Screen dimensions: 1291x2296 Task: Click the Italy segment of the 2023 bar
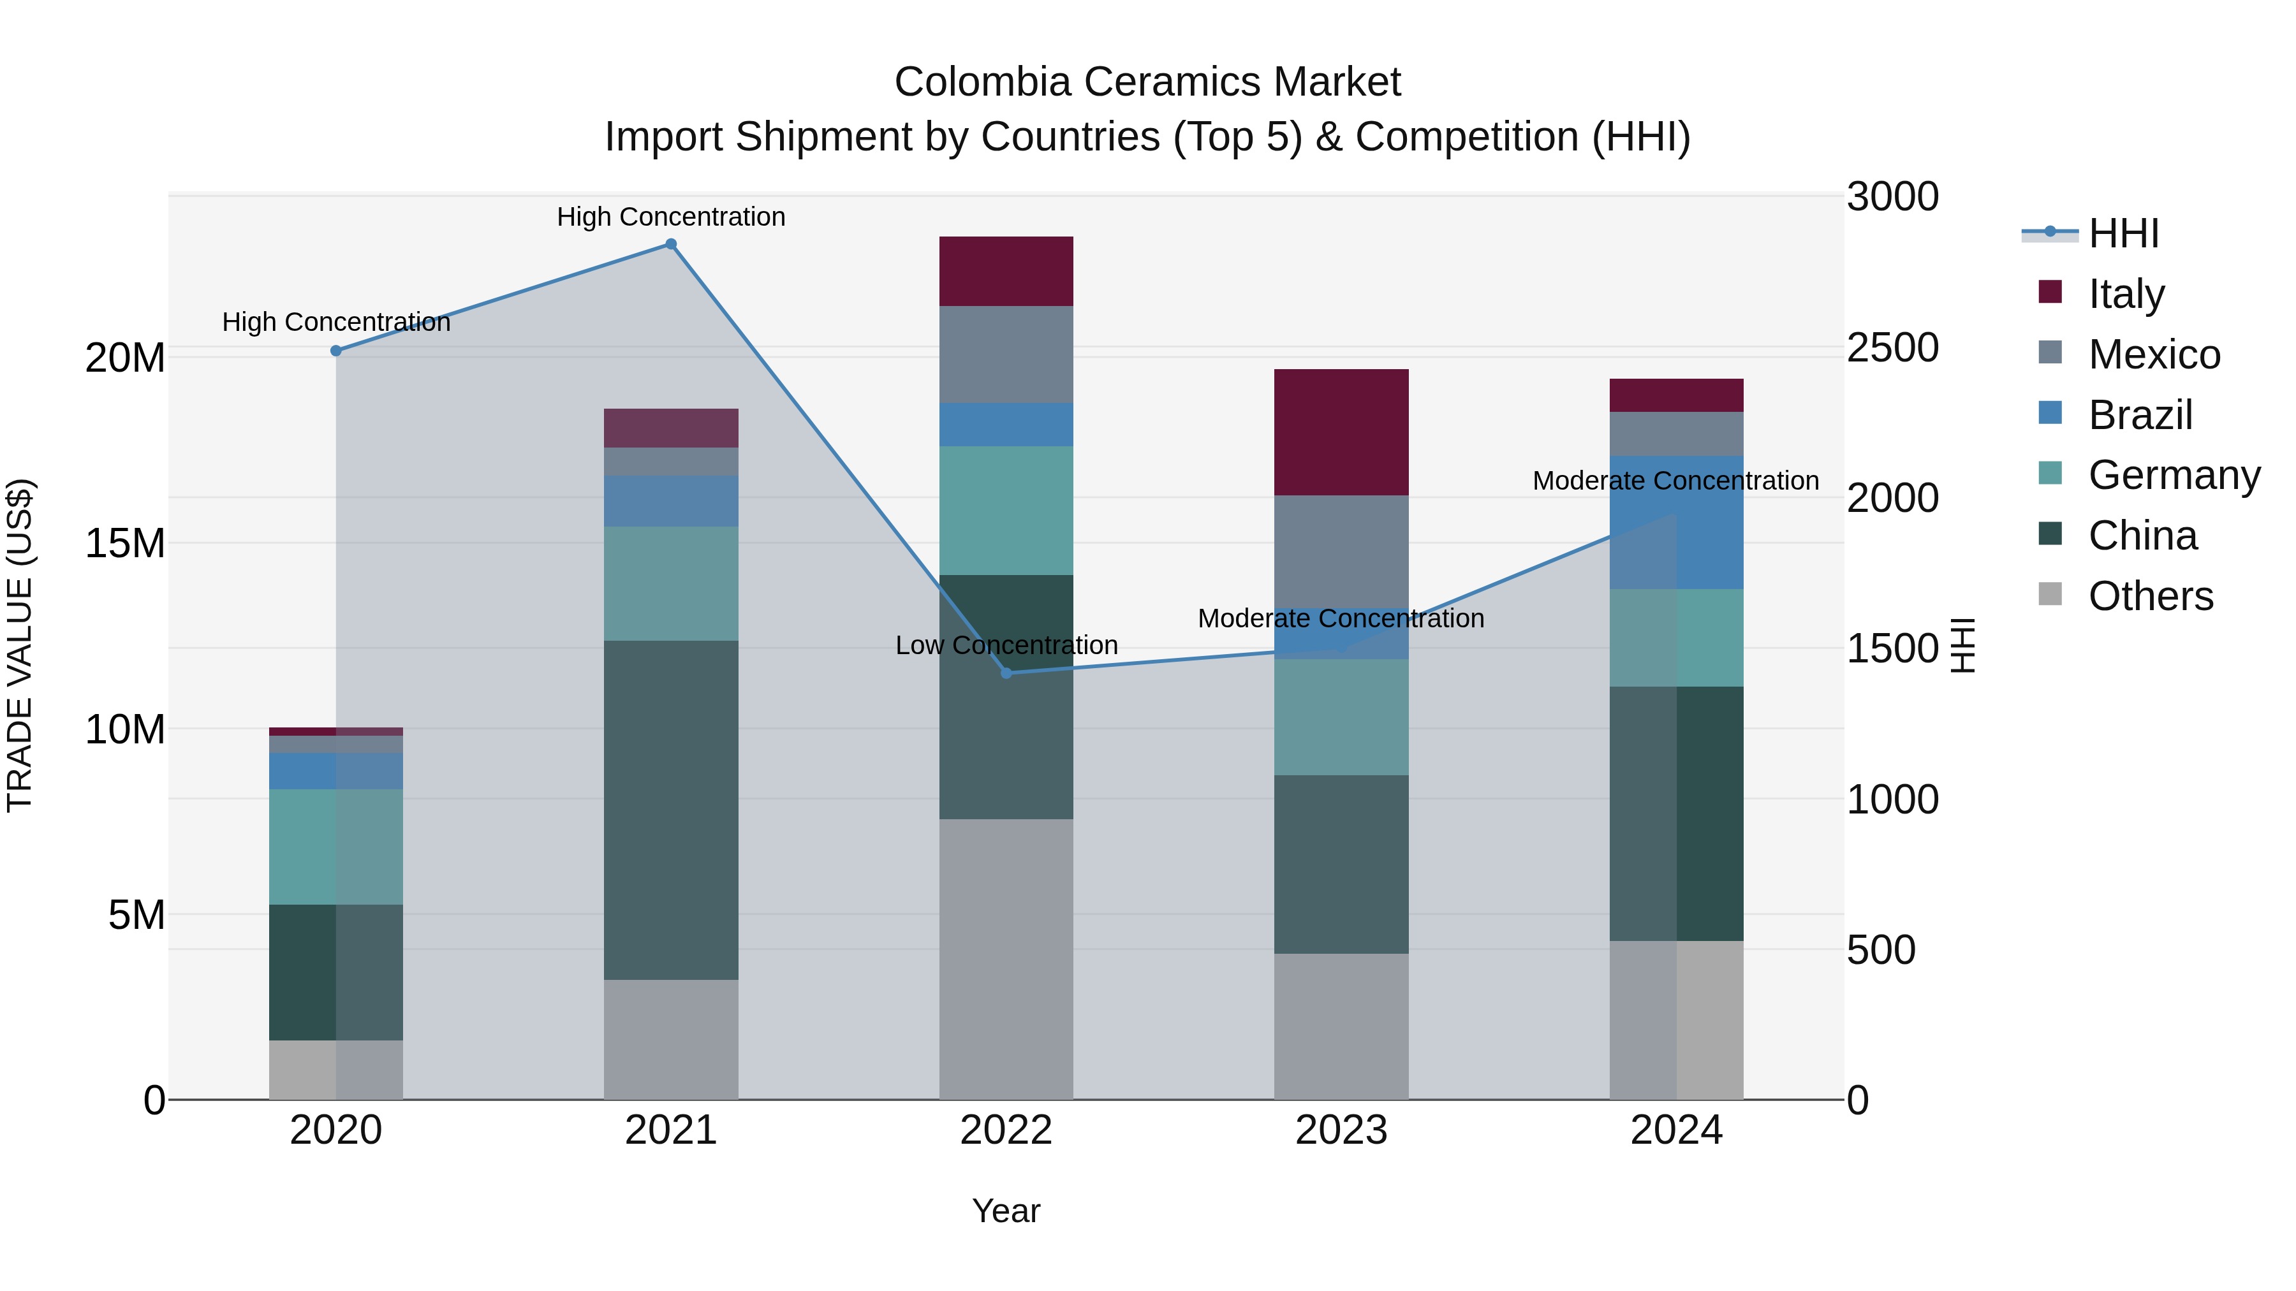tap(1341, 432)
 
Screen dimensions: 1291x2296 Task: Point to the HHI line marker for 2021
tap(671, 244)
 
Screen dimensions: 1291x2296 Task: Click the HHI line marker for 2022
tap(1006, 673)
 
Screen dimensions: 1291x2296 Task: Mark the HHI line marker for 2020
tap(336, 351)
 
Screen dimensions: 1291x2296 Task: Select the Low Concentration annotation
tap(1006, 645)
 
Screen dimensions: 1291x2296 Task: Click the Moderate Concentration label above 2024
tap(1675, 481)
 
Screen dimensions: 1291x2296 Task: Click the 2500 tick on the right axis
tap(1892, 347)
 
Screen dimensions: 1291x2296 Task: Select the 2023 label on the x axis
tap(1341, 1130)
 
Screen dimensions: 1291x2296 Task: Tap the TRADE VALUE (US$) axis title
tap(20, 645)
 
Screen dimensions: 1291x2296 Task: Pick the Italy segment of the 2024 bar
tap(1675, 395)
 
